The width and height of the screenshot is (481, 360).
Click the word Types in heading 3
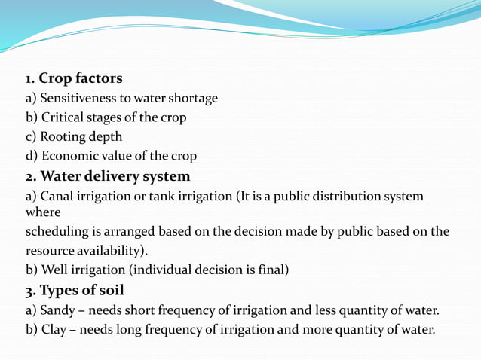57,291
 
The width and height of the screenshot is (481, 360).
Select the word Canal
56,197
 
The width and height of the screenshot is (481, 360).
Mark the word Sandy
57,310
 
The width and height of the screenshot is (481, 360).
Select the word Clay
54,329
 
